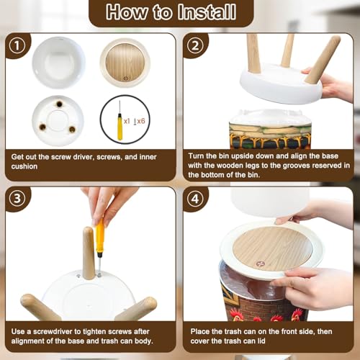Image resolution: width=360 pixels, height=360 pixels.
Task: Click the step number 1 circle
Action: pos(17,45)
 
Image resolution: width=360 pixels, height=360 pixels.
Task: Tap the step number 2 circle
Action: pos(194,45)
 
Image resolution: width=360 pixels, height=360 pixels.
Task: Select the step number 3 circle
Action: pos(17,199)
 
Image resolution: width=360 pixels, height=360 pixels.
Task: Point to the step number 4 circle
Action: pos(194,199)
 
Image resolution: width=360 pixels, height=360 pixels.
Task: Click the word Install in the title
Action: pos(207,12)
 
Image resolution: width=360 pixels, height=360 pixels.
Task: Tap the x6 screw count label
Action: pos(141,121)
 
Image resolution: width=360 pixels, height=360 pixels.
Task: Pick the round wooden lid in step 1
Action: pos(125,63)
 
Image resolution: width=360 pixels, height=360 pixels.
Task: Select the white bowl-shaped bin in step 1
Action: pos(58,63)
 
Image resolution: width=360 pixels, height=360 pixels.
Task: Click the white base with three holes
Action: pos(58,121)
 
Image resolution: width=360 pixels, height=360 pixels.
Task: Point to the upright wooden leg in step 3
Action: pos(89,253)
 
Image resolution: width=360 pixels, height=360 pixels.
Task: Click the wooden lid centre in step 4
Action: pos(273,248)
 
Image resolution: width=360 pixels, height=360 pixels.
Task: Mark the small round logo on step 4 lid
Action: pos(260,264)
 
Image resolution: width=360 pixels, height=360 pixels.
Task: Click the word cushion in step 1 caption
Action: pos(24,166)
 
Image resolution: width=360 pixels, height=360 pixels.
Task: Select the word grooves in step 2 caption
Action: pos(297,166)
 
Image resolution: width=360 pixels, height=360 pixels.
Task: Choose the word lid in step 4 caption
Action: pos(261,341)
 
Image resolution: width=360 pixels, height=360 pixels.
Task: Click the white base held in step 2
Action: pos(282,84)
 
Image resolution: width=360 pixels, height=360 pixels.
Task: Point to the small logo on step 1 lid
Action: pos(126,78)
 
